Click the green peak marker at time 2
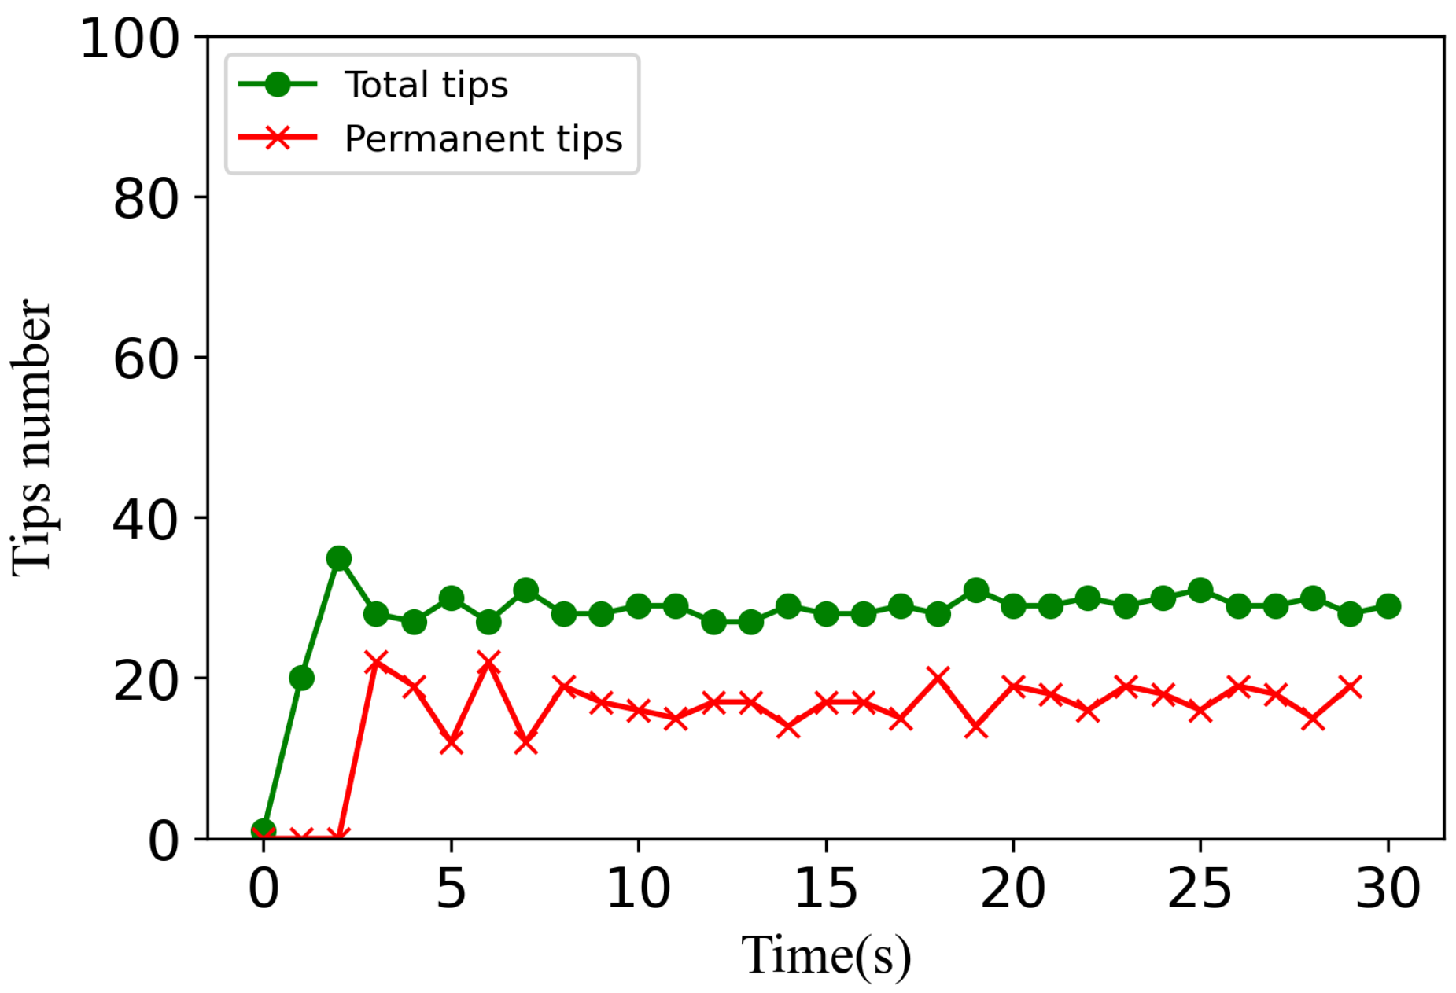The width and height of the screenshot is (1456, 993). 338,558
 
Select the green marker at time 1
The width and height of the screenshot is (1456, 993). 301,678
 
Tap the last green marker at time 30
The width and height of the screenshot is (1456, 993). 1388,606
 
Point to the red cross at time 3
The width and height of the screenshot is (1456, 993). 376,661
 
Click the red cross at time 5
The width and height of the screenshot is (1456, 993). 451,741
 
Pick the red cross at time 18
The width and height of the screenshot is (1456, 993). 938,678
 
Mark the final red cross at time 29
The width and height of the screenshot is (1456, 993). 1350,686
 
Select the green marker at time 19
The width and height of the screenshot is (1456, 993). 975,590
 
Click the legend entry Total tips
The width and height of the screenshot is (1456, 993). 426,84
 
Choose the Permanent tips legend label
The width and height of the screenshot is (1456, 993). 483,138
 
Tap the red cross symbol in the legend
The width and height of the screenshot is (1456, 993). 278,138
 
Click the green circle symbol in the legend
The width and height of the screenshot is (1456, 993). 278,84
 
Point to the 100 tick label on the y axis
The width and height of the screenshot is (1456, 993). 130,39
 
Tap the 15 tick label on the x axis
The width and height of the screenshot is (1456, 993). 825,889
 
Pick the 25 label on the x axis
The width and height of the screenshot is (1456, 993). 1200,889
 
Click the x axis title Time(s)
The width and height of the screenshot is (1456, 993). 825,954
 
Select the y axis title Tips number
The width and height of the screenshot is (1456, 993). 33,437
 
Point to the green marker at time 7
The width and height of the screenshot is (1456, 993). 525,590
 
